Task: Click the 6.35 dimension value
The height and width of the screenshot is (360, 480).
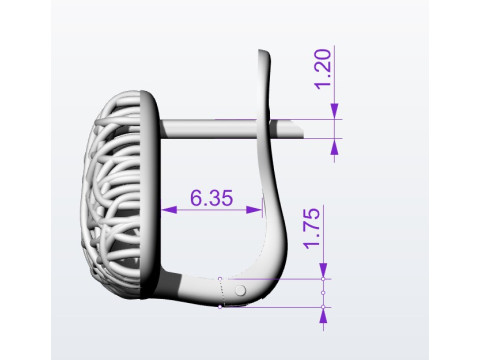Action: point(211,198)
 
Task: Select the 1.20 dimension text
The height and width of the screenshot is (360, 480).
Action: point(323,69)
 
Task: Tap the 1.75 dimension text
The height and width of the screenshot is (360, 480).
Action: point(311,228)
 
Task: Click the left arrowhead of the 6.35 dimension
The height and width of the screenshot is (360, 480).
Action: point(169,210)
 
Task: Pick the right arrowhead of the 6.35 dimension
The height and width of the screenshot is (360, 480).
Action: point(254,210)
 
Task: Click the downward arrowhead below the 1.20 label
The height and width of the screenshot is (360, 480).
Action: point(334,111)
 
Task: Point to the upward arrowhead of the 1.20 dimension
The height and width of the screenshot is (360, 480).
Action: point(334,146)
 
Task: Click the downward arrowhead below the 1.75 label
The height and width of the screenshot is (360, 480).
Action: point(323,271)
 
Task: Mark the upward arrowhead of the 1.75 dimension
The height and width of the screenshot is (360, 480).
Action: point(323,315)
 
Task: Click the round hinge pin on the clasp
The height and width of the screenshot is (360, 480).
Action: point(240,290)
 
